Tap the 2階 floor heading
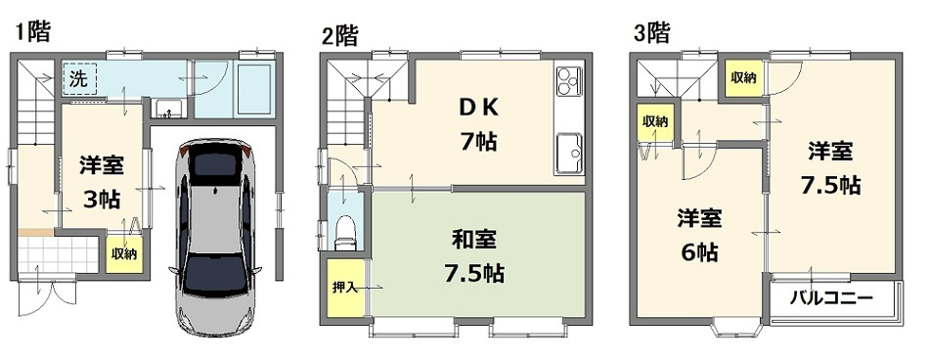pos(339,36)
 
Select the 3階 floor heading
pos(651,32)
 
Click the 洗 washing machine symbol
pos(77,79)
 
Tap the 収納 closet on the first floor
pos(123,253)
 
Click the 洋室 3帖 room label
pos(101,181)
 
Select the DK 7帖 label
pos(477,121)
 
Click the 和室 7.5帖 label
pos(477,256)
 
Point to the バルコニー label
pos(830,297)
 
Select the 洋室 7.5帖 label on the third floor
pos(830,168)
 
